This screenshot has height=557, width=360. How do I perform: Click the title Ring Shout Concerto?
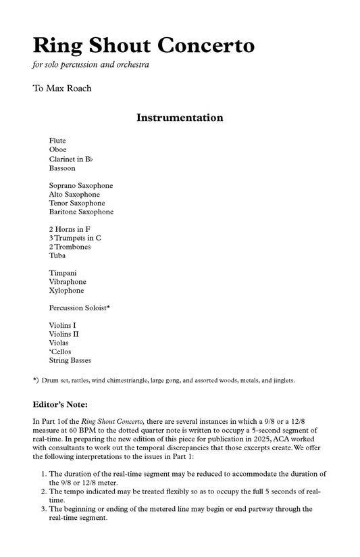point(143,46)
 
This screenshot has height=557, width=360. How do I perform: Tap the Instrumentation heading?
point(180,118)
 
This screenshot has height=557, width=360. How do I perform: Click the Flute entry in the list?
point(57,140)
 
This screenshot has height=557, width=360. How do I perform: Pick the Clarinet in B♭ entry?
point(71,159)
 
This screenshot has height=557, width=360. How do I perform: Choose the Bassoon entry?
point(62,168)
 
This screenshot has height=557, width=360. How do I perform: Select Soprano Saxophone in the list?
point(80,185)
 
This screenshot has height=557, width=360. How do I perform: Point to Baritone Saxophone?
point(81,212)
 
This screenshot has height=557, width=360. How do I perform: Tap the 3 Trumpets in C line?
point(75,238)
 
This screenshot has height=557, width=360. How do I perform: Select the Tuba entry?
point(57,256)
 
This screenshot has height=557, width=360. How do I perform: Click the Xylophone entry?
point(66,291)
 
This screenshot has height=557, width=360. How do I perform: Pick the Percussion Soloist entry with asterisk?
point(79,308)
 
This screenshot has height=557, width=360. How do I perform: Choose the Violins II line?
point(63,334)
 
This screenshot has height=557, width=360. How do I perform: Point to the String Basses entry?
point(70,360)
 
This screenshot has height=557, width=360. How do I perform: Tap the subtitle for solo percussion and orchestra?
point(90,66)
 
